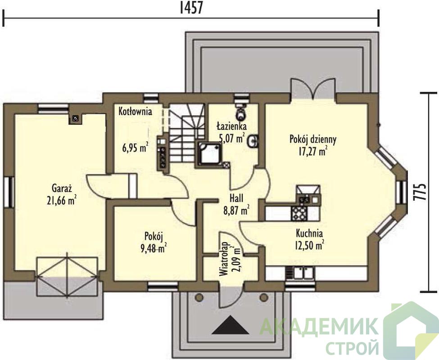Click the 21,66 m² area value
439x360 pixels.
coord(62,200)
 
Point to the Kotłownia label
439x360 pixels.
coord(135,112)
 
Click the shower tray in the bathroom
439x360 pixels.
coord(210,153)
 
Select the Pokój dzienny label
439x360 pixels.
coord(313,139)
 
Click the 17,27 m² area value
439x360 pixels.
coord(313,151)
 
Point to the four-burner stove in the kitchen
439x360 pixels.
coord(299,213)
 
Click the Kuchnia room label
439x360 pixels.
coord(309,233)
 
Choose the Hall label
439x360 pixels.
coord(236,198)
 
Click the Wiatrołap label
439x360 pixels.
coord(223,259)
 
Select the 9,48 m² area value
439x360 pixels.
coord(154,248)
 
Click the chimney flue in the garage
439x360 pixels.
coord(75,119)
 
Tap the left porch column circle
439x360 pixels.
coord(199,297)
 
